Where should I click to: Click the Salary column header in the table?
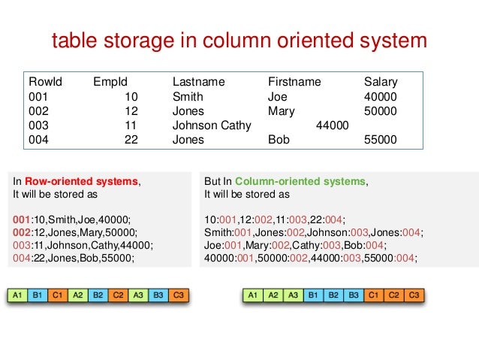tap(381, 82)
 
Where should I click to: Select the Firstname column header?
tap(294, 82)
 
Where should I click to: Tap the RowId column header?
tap(45, 82)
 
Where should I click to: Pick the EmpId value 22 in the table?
tap(132, 139)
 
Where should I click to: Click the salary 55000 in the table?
tap(380, 139)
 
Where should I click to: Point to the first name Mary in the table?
tap(281, 110)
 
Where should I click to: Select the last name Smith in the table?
tap(188, 96)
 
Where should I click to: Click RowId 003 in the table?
tap(38, 125)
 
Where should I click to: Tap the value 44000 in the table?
tap(332, 125)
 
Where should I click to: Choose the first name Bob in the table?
tap(279, 139)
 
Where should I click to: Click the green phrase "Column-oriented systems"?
tap(301, 181)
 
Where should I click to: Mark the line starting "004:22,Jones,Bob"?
tap(74, 258)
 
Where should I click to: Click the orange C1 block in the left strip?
tap(57, 295)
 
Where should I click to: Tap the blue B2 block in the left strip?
tap(98, 295)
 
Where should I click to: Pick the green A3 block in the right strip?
tap(294, 295)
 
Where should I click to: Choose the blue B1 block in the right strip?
tap(314, 295)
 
